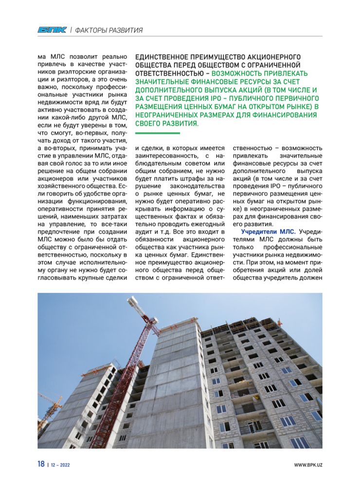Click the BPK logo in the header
pos(52,30)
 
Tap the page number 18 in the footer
pos(41,464)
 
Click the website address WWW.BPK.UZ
pos(308,465)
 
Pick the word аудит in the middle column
pos(144,231)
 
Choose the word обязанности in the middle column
pos(155,239)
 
